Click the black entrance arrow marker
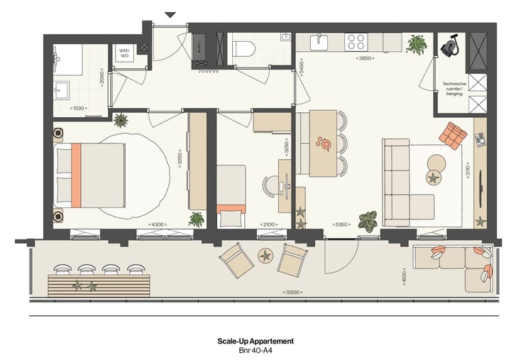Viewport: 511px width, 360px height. click(x=170, y=14)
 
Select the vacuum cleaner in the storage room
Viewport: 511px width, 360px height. click(x=449, y=47)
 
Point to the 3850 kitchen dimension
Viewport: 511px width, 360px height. click(x=366, y=58)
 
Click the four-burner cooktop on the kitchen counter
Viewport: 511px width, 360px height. click(x=356, y=42)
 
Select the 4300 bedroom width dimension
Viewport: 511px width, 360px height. click(x=158, y=224)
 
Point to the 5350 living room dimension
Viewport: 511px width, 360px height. click(x=344, y=224)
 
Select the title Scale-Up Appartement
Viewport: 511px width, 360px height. click(x=255, y=341)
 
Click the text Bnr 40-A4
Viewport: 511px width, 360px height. click(x=255, y=350)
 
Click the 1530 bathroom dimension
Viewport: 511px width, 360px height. click(x=80, y=108)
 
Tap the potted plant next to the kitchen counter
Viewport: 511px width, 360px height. click(x=416, y=44)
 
